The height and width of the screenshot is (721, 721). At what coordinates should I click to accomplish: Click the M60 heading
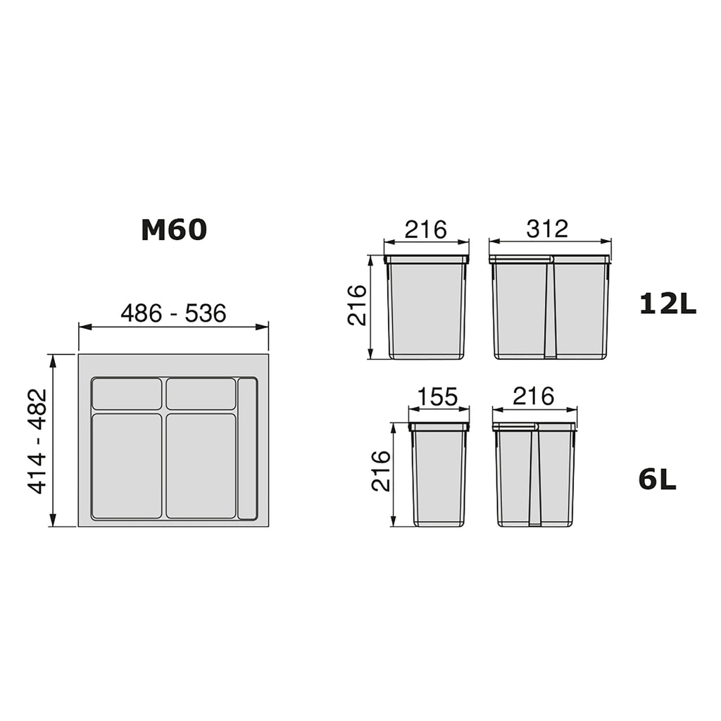pos(174,230)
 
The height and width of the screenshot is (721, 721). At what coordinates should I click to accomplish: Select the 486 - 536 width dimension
pos(173,313)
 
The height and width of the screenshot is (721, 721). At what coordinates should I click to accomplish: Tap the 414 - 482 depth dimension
pos(37,441)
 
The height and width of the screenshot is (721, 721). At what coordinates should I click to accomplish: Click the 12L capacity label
pos(667,304)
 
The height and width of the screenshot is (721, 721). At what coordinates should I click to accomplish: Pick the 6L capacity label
pos(657,479)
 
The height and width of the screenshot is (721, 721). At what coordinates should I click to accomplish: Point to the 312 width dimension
pos(547,229)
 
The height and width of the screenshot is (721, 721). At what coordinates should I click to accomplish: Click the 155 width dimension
pos(438,396)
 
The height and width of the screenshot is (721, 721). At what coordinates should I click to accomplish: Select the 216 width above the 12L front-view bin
pos(426,230)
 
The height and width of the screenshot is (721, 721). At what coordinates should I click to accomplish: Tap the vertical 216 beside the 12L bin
pos(357,306)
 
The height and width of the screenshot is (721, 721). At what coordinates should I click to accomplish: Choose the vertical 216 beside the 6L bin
pos(381,471)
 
